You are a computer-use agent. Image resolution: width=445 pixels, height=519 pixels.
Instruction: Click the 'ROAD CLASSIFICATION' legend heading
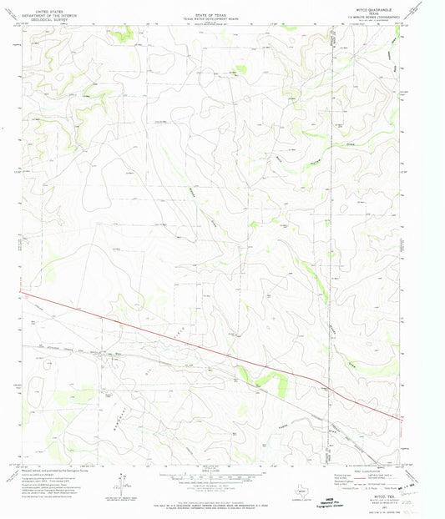tap(357, 468)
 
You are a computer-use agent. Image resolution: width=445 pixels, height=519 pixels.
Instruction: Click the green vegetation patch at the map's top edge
tap(124, 33)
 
